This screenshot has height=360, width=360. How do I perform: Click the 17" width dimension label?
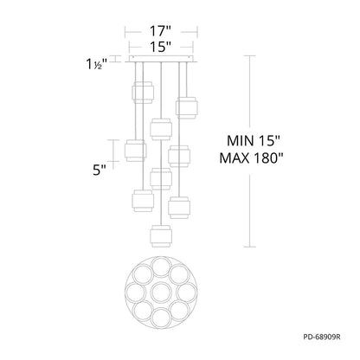coord(161,31)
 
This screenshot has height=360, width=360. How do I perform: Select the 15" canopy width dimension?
coord(161,47)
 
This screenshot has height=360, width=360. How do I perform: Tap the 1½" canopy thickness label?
coord(97,64)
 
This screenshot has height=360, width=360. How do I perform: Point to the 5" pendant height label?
coord(99,170)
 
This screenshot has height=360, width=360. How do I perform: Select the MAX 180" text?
coord(251,158)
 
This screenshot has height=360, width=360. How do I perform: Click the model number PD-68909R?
coord(322,337)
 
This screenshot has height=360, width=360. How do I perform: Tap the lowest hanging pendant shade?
coord(161,236)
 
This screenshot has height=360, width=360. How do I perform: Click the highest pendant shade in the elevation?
coord(143,93)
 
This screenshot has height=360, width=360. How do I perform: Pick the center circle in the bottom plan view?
coord(161,292)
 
